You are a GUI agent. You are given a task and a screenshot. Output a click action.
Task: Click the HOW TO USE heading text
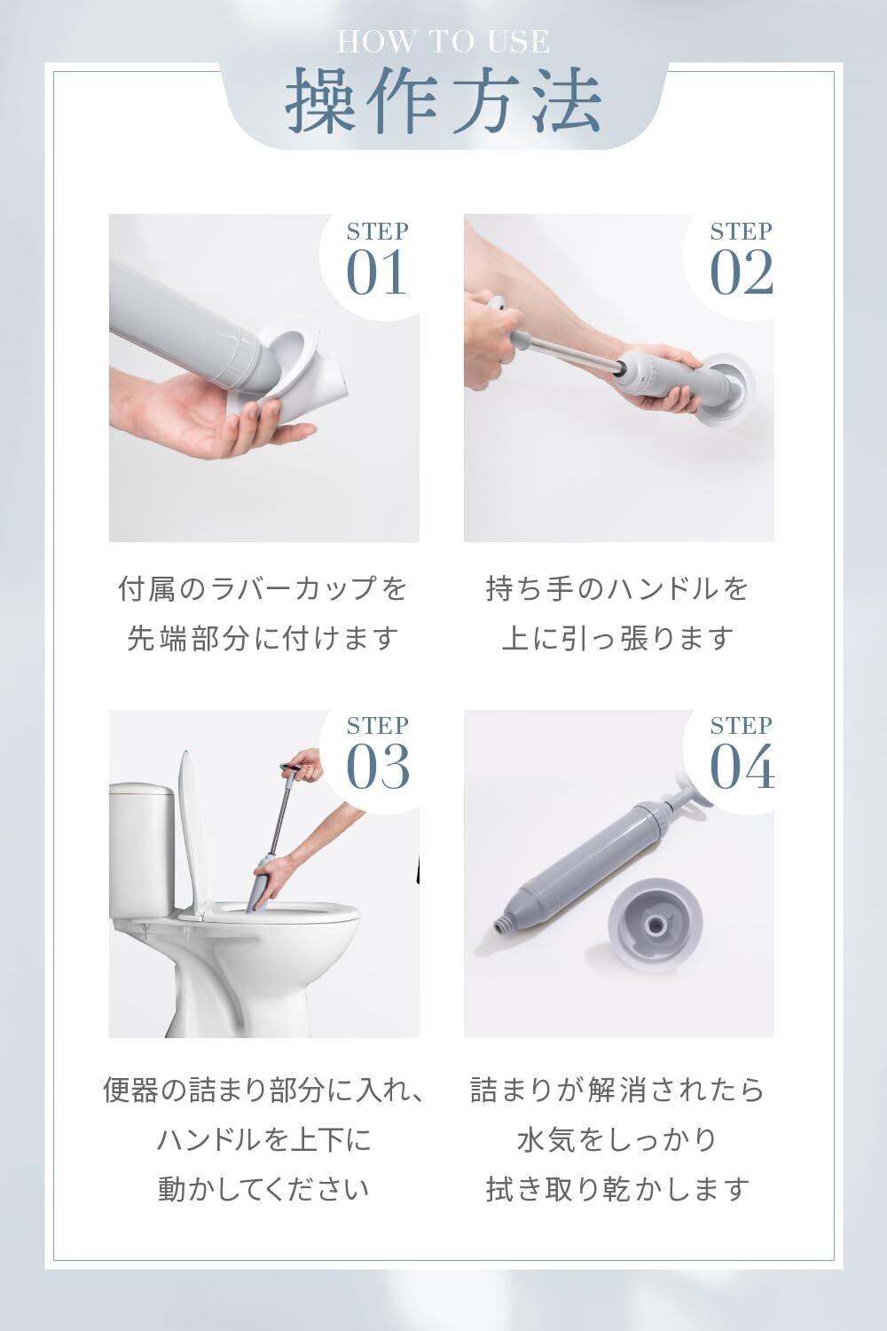coord(443,42)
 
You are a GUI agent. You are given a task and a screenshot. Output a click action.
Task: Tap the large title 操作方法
coord(443,98)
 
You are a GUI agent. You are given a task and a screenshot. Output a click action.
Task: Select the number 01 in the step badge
coord(376,272)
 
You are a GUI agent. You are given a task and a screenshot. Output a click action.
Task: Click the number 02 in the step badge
coord(742,272)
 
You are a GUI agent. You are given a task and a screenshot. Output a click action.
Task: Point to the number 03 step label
coord(377,767)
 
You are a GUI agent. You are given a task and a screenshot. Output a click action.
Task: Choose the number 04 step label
coord(742,767)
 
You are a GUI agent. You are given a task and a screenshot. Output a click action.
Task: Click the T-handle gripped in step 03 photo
coord(296,768)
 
